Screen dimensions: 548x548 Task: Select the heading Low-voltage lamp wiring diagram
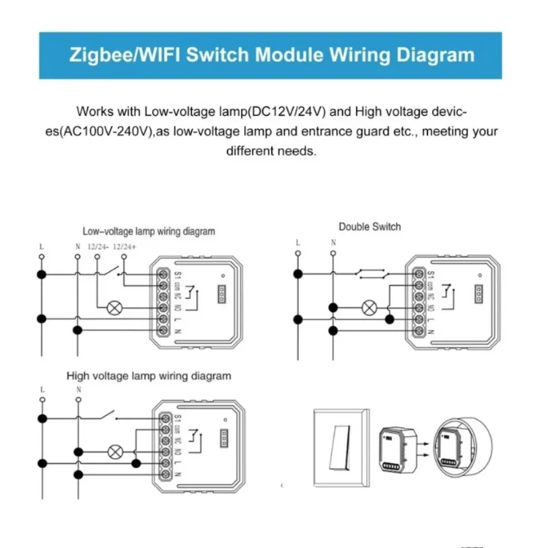pos(149,232)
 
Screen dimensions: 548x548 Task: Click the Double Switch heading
pos(370,226)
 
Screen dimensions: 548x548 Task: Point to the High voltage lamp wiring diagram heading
pos(149,376)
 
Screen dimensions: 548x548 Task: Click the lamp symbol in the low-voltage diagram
pos(114,308)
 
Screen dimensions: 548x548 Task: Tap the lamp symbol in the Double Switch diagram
pos(368,308)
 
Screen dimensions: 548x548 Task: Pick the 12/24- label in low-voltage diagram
pos(98,246)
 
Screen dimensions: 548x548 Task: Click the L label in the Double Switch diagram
pos(297,242)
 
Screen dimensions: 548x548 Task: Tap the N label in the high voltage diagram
pos(78,389)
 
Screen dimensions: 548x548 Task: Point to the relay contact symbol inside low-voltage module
pos(195,296)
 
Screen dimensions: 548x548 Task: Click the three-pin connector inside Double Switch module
pos(479,293)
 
